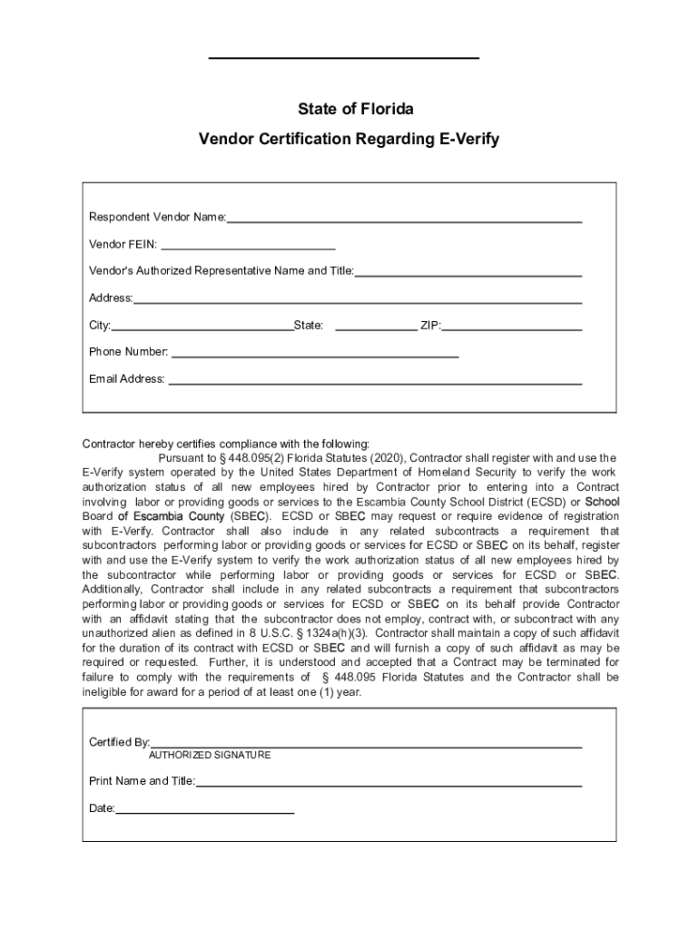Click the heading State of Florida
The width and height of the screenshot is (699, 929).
tap(356, 109)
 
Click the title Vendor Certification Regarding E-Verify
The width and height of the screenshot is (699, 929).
tap(349, 140)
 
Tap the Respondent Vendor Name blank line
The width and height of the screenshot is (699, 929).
tap(404, 218)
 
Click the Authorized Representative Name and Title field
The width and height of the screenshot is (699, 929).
tap(468, 271)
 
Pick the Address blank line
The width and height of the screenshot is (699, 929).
tap(358, 298)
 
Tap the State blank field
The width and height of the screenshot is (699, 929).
tap(376, 326)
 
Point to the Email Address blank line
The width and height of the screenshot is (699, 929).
tap(375, 380)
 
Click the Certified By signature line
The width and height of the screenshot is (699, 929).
tap(366, 743)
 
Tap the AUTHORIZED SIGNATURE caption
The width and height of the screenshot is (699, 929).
tap(210, 756)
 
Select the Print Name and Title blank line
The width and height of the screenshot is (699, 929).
tap(389, 782)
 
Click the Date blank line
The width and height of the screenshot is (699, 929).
tap(205, 809)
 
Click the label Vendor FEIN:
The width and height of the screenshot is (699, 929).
tap(123, 244)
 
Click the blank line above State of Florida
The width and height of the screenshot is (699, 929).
tap(344, 59)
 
